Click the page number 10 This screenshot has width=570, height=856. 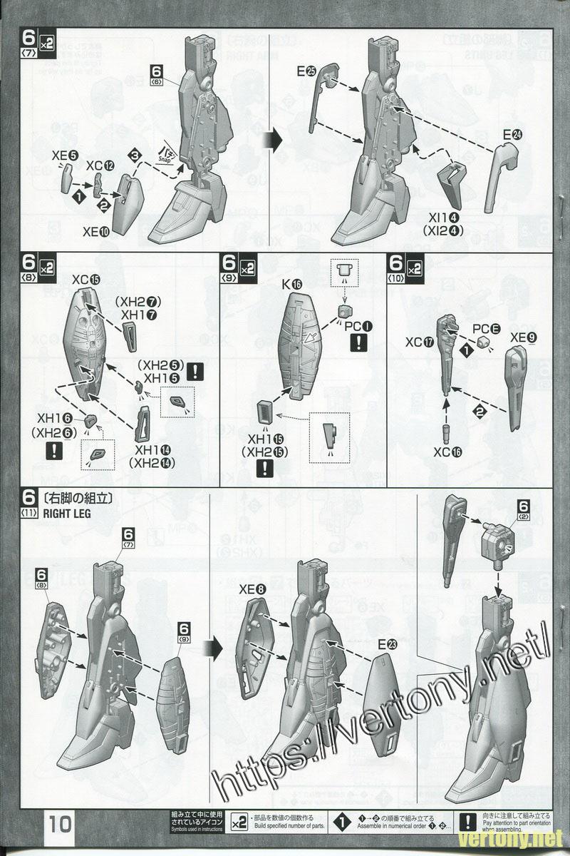61,825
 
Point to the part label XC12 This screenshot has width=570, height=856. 100,165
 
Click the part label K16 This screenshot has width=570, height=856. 292,284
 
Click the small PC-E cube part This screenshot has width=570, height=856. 485,343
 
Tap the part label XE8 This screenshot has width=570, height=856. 252,589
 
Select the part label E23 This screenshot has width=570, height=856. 388,644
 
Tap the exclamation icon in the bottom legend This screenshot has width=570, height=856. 465,822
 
